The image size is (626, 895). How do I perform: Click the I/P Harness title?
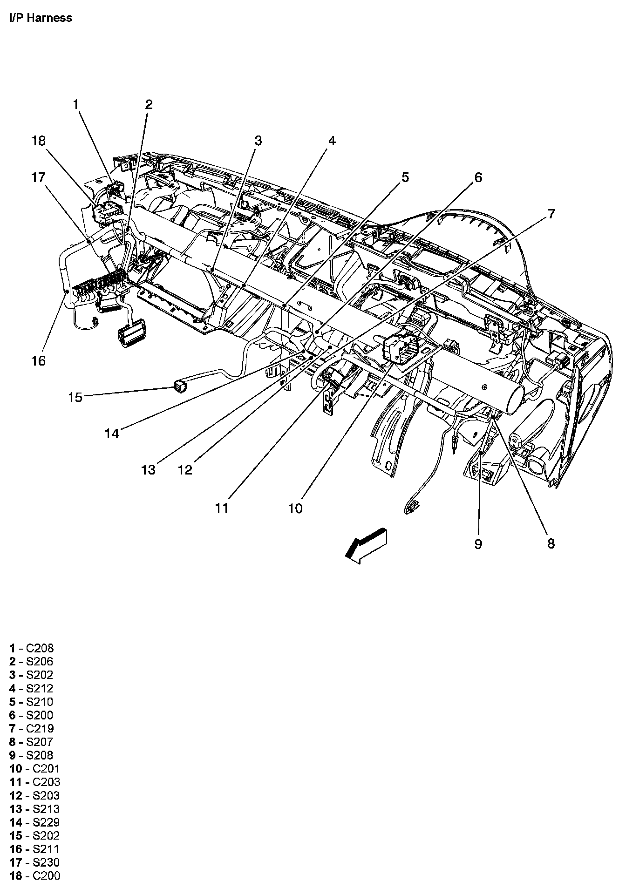tap(41, 18)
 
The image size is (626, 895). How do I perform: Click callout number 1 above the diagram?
tap(76, 105)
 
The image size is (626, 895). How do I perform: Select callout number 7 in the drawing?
tap(551, 214)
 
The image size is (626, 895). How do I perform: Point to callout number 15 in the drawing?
tap(75, 397)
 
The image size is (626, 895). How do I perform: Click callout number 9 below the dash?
tap(478, 543)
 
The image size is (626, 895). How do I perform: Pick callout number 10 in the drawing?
tap(295, 508)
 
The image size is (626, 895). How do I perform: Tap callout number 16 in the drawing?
tap(39, 360)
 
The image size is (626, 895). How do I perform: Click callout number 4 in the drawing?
tap(331, 141)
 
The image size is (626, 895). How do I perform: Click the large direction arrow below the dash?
tap(366, 546)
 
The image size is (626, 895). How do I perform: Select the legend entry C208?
tap(32, 648)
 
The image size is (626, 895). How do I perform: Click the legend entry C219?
tap(32, 728)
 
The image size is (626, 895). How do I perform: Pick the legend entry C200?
tap(34, 876)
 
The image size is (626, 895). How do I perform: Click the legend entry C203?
tap(34, 782)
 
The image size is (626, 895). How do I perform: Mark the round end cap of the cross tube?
tap(517, 400)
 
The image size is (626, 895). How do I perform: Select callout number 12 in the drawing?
tap(185, 470)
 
